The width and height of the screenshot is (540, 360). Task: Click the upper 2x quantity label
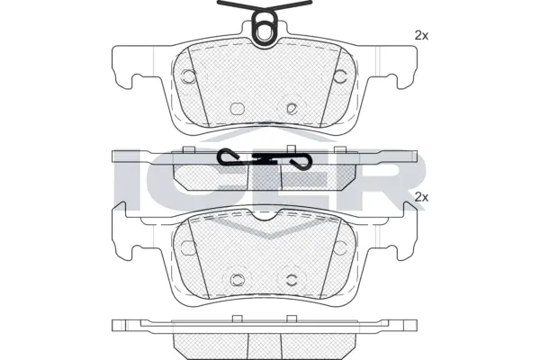click(x=420, y=35)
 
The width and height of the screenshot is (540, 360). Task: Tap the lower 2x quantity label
click(x=420, y=195)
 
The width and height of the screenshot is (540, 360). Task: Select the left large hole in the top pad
click(x=189, y=76)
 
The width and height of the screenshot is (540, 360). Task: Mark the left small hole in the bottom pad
click(x=238, y=278)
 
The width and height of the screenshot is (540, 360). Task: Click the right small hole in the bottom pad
click(x=291, y=278)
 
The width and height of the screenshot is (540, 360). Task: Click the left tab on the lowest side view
click(x=237, y=318)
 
